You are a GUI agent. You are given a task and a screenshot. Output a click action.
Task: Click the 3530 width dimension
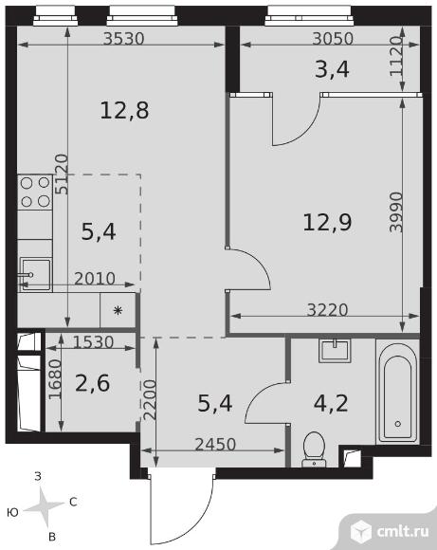click(124, 38)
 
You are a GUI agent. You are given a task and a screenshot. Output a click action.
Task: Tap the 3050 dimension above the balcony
click(333, 38)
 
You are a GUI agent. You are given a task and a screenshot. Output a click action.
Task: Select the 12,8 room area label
click(124, 110)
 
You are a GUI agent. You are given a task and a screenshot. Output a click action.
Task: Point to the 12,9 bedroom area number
click(327, 223)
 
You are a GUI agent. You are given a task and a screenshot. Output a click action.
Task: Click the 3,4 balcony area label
click(332, 69)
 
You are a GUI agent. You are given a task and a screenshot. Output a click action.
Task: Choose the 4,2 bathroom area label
click(331, 403)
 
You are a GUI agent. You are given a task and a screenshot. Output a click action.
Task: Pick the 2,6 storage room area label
click(93, 383)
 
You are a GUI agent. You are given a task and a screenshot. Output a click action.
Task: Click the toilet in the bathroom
click(314, 449)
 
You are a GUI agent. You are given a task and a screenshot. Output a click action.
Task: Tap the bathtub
click(398, 390)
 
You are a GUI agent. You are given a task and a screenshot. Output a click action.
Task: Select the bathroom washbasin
click(335, 351)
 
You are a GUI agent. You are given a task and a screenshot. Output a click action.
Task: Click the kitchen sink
click(35, 274)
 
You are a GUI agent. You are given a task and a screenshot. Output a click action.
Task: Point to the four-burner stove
click(35, 192)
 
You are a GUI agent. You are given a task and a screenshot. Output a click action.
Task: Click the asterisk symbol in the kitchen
click(118, 310)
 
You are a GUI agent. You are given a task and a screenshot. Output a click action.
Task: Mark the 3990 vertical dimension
click(396, 211)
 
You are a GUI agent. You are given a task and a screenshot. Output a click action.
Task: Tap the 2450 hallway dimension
click(215, 445)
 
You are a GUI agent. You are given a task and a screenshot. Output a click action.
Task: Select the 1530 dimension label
click(93, 342)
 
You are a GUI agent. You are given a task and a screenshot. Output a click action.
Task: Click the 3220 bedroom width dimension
click(327, 310)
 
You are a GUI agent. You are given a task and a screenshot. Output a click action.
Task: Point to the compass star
click(45, 506)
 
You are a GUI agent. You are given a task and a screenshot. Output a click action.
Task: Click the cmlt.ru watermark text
click(403, 531)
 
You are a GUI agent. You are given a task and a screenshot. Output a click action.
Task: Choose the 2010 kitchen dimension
click(95, 279)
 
